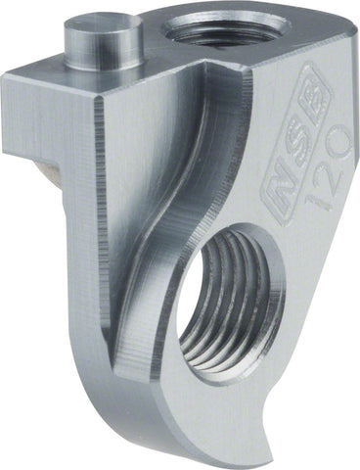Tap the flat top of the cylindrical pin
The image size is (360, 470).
[103, 30]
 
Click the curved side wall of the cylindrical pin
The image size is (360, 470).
[104, 56]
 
